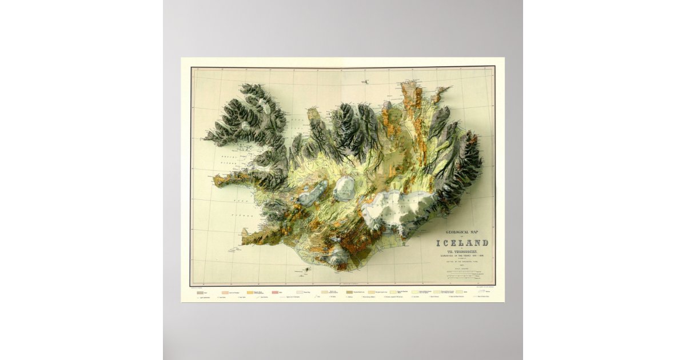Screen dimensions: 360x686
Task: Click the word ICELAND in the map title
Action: tap(462, 243)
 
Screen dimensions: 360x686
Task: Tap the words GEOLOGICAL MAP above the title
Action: tap(462, 231)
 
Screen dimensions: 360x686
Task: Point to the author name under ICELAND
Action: tap(462, 250)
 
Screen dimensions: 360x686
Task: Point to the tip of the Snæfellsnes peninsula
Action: tap(216, 181)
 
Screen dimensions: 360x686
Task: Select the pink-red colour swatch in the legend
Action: tap(279, 292)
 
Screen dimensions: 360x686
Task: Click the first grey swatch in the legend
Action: tap(200, 292)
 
